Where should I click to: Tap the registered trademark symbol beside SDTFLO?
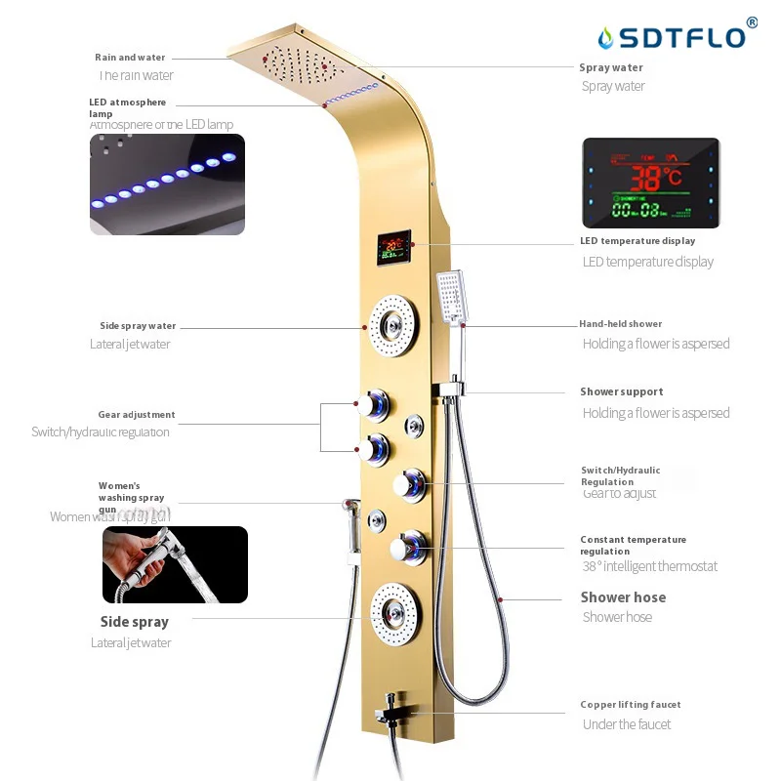point(752,21)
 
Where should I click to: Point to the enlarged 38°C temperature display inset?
point(651,183)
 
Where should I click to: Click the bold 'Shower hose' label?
point(623,597)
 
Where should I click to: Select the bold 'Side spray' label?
point(135,622)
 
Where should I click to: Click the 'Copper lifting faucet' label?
point(631,705)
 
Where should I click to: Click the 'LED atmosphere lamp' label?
point(127,107)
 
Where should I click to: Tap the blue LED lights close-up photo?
point(167,185)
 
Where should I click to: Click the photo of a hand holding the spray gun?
point(175,564)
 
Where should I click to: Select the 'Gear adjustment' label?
point(137,415)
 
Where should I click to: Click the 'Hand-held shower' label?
point(620,324)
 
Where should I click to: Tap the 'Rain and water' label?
point(130,58)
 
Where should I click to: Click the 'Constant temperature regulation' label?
point(633,545)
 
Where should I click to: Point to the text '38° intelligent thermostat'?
point(649,566)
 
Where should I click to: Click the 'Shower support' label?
point(622,391)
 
